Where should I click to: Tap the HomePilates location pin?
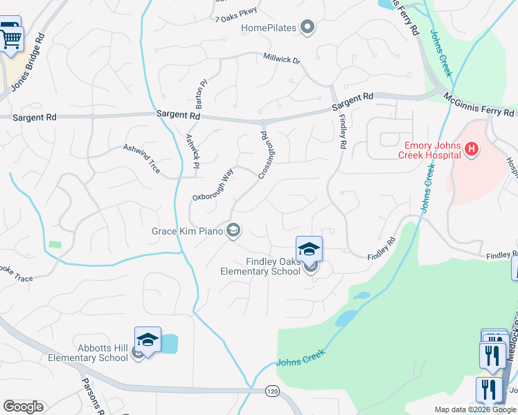(308, 28)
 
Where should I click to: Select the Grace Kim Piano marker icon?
(234, 230)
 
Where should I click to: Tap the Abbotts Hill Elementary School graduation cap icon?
(148, 340)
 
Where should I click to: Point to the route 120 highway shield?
(271, 391)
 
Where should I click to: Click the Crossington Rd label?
(263, 156)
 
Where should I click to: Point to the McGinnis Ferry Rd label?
(480, 105)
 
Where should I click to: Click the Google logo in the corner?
(23, 407)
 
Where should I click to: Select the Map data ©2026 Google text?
(475, 409)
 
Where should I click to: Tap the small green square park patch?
(55, 244)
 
